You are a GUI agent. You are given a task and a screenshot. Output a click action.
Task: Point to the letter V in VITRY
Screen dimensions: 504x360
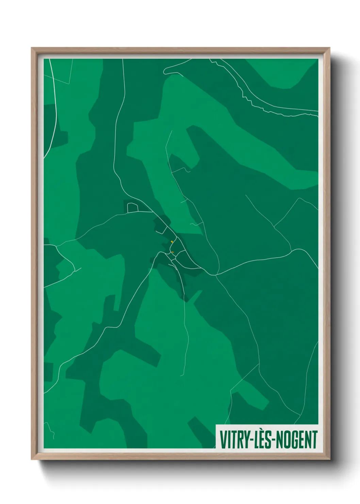click(x=223, y=440)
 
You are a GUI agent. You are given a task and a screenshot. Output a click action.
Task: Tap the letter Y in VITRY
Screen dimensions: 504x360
click(x=246, y=440)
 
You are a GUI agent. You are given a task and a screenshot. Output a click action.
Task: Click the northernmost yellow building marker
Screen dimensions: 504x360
click(x=172, y=241)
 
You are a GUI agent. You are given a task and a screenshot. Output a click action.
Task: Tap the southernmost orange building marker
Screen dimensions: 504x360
click(x=173, y=252)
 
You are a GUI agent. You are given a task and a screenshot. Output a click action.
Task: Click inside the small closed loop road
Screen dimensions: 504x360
click(x=133, y=207)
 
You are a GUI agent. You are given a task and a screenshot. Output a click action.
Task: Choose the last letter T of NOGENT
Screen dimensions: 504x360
click(x=314, y=440)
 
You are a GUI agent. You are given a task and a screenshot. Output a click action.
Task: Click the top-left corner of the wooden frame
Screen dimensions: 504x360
click(x=32, y=48)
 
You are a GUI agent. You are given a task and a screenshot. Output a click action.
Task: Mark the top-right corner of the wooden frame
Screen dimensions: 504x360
click(x=329, y=48)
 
